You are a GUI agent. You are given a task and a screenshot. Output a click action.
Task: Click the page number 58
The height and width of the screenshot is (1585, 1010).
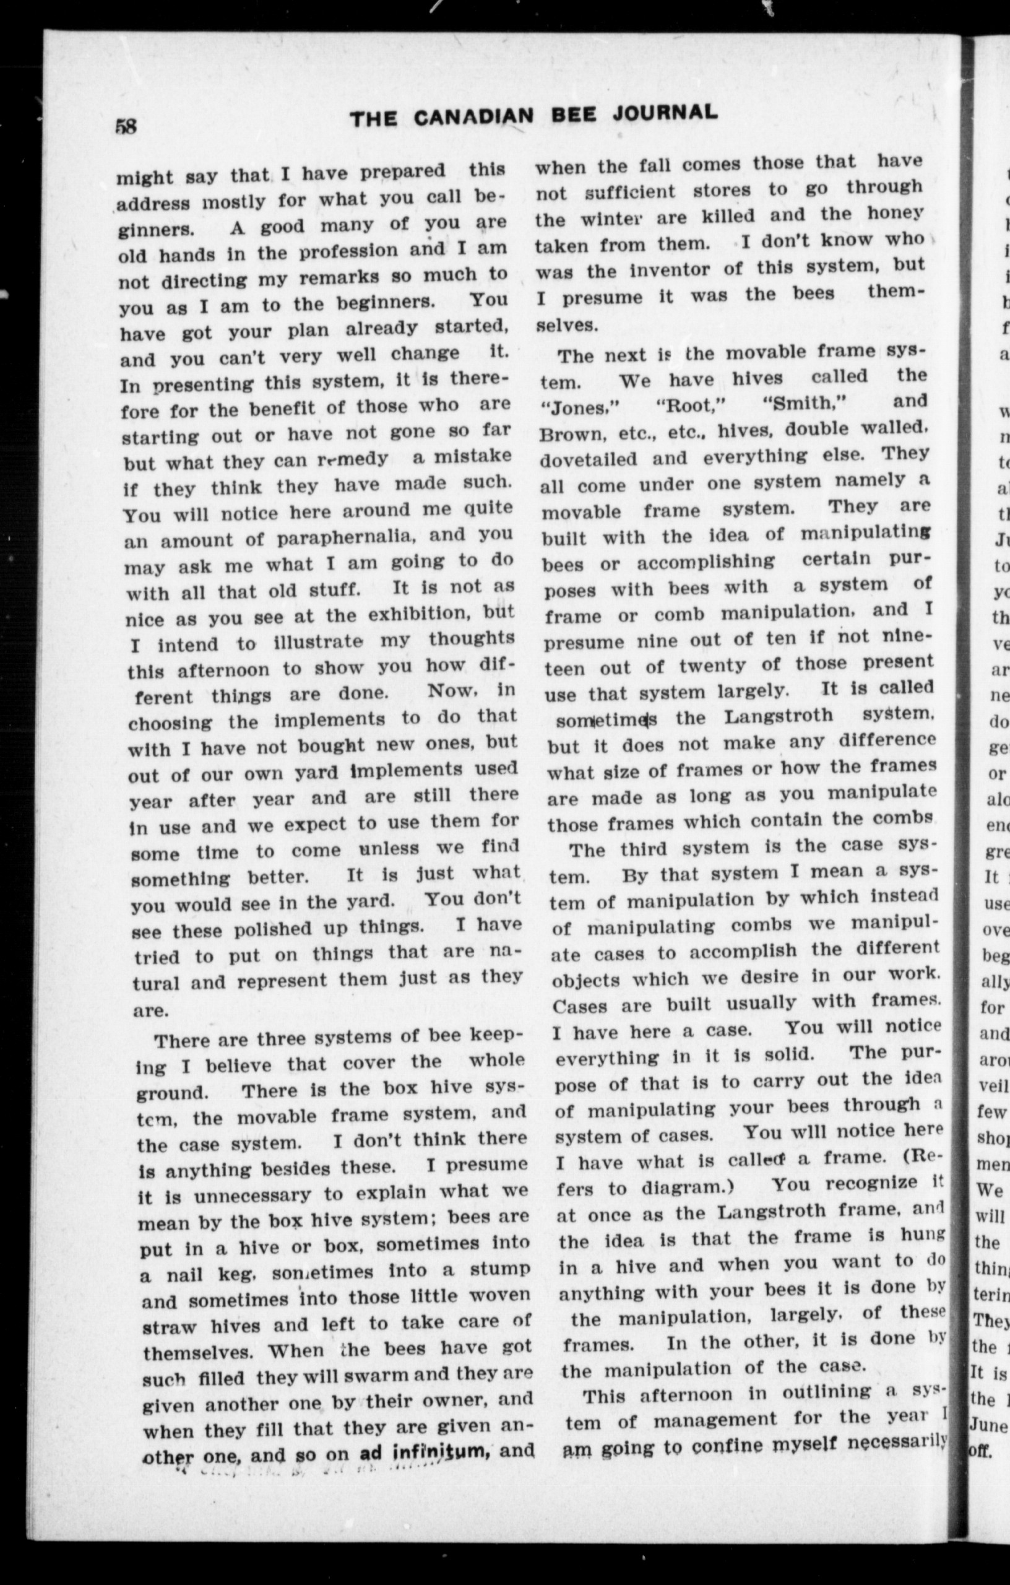coord(126,125)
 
